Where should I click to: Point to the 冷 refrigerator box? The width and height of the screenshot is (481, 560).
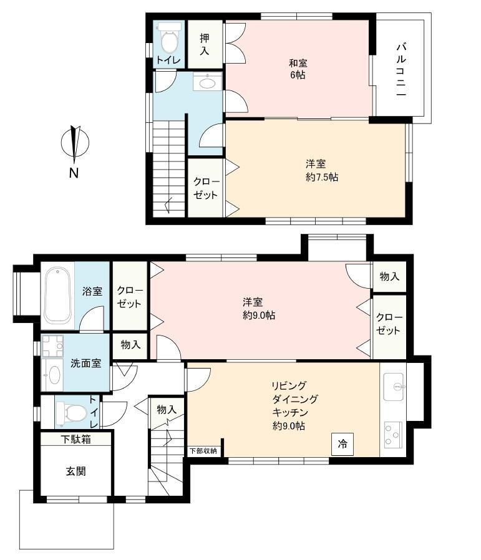pos(343,444)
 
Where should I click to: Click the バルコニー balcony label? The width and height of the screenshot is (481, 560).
pos(401,70)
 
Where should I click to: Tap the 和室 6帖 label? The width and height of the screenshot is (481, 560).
pos(298,69)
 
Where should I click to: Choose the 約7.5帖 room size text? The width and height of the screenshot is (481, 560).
pos(322,177)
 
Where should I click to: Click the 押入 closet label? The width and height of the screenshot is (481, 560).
pos(205,44)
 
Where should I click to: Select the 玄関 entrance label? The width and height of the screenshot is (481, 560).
pos(75,471)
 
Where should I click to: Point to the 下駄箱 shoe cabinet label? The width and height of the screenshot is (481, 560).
pos(75,439)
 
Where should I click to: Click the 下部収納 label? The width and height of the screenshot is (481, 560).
pos(203,451)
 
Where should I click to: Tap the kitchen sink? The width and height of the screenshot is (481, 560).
pos(394,387)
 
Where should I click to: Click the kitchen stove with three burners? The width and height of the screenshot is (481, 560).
pos(393,435)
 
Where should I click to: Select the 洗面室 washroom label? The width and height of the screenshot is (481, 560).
pos(85,363)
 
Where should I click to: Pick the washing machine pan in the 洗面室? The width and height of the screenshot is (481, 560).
pos(52,346)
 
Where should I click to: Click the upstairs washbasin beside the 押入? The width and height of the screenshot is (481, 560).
pos(208,82)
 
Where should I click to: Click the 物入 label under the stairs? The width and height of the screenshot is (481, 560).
pos(167,409)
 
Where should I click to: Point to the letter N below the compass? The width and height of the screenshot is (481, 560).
pos(74,173)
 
